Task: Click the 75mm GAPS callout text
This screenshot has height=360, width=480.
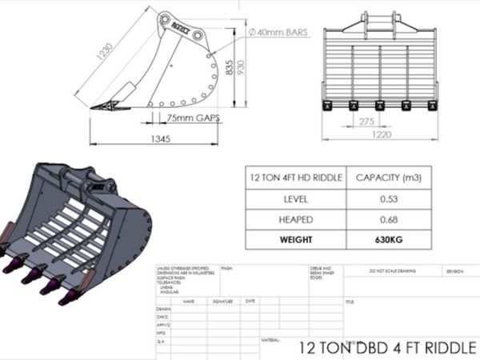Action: pos(193,118)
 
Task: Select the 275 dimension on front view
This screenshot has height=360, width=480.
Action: pos(368,120)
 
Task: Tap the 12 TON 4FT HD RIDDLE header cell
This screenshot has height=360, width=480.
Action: pos(296,178)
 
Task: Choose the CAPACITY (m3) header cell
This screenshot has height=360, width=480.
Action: pos(387,178)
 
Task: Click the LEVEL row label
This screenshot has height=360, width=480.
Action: pos(296,198)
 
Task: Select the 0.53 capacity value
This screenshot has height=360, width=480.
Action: pos(387,198)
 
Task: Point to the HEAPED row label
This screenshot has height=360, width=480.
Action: pos(296,218)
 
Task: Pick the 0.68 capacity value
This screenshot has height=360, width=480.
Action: pos(387,218)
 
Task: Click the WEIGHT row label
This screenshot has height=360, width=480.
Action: pos(296,238)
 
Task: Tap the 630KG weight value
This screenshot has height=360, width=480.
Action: pos(387,238)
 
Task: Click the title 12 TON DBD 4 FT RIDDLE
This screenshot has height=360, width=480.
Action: pos(387,348)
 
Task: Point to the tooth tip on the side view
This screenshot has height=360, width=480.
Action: pos(94,107)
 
